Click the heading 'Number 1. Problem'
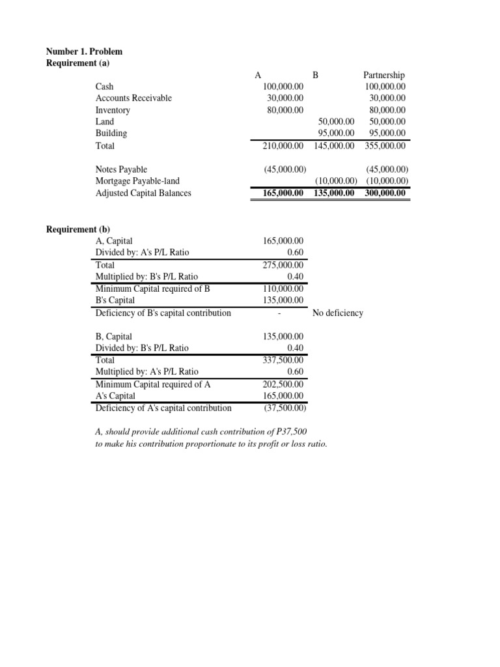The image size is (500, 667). click(83, 51)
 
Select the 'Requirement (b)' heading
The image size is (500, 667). click(78, 229)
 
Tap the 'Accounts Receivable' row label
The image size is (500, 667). click(133, 98)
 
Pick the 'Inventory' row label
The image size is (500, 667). click(113, 110)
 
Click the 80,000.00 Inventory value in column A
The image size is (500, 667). click(285, 110)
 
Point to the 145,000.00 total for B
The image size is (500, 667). click(333, 146)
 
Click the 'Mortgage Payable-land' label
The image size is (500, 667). click(137, 181)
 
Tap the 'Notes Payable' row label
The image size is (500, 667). click(121, 169)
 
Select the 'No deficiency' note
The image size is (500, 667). click(337, 313)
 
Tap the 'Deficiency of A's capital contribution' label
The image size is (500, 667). click(163, 408)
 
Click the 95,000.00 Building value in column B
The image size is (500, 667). click(333, 134)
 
